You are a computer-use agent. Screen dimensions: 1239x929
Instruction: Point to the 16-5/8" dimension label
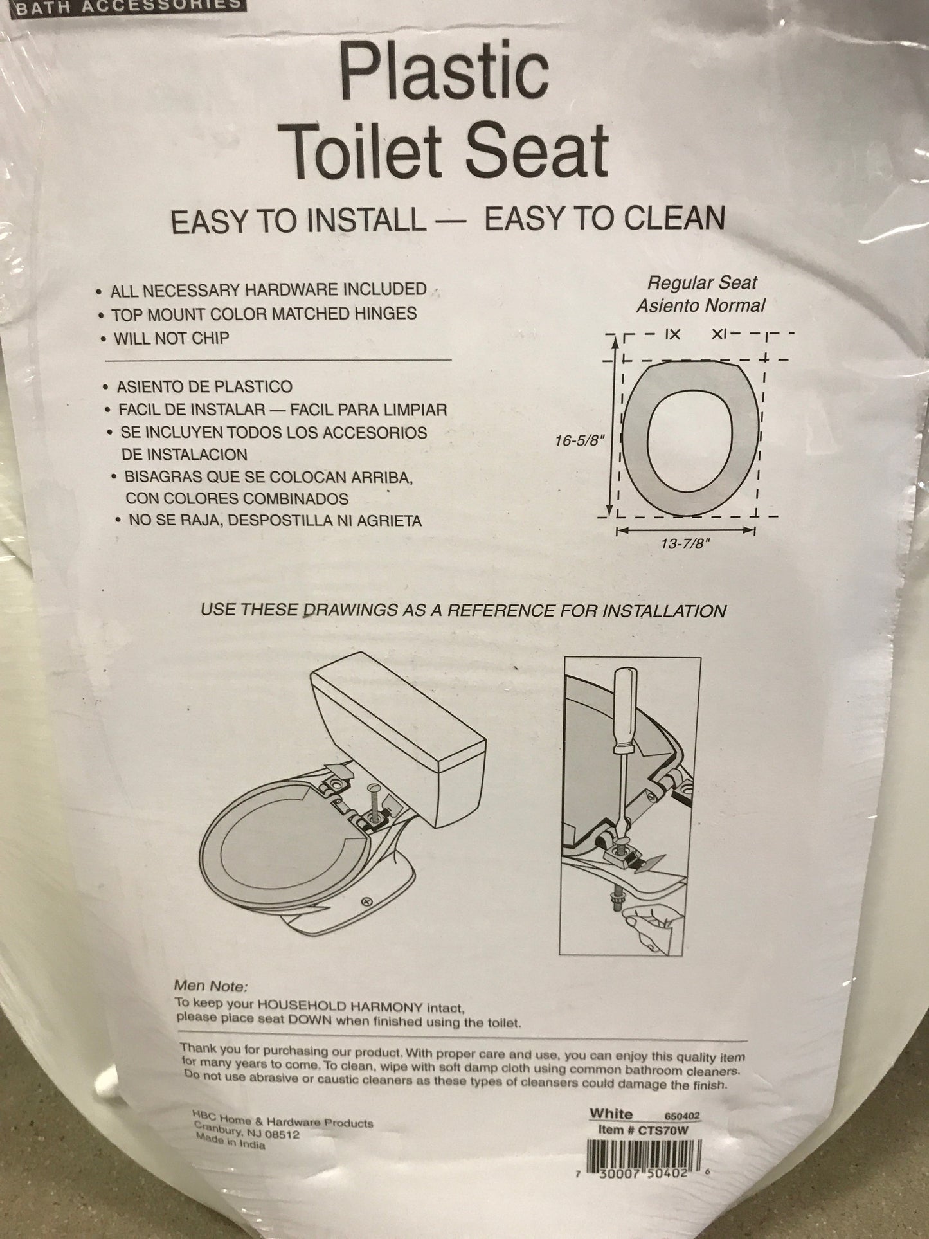[581, 441]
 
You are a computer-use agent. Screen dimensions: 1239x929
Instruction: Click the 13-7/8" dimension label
[684, 543]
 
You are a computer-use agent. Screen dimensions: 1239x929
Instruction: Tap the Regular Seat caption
[702, 283]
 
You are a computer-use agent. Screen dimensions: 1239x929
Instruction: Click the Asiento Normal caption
[701, 305]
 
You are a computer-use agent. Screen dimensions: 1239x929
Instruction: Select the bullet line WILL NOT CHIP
[171, 338]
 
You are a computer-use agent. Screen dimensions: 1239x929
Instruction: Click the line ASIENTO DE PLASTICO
[204, 387]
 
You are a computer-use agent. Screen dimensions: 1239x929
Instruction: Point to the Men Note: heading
[211, 1004]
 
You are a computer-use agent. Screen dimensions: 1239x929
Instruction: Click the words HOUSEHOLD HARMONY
[340, 1025]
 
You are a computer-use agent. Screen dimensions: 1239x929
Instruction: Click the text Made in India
[231, 1141]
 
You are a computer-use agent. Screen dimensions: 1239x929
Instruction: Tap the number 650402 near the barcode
[682, 1116]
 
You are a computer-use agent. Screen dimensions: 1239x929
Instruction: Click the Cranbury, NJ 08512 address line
[246, 1129]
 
